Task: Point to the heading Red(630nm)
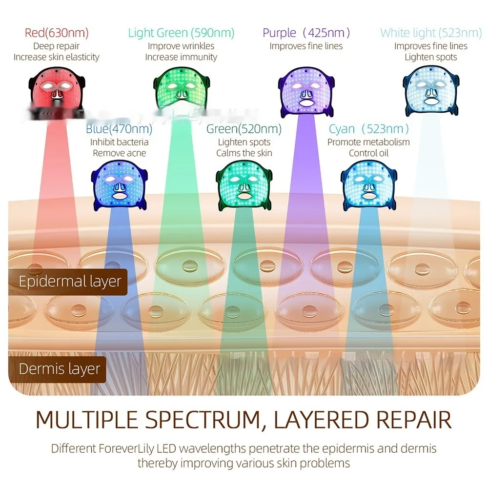pos(56,33)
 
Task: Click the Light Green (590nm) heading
pos(181,33)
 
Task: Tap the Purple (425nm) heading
pos(306,33)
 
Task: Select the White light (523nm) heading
pos(431,33)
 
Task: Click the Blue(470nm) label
pos(119,129)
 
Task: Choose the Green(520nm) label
pos(244,129)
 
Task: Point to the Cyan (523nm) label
pos(368,129)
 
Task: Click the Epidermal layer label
pos(69,282)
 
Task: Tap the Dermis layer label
pos(59,368)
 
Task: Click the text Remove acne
pos(119,153)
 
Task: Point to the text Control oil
pos(368,153)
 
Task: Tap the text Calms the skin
pos(244,153)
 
